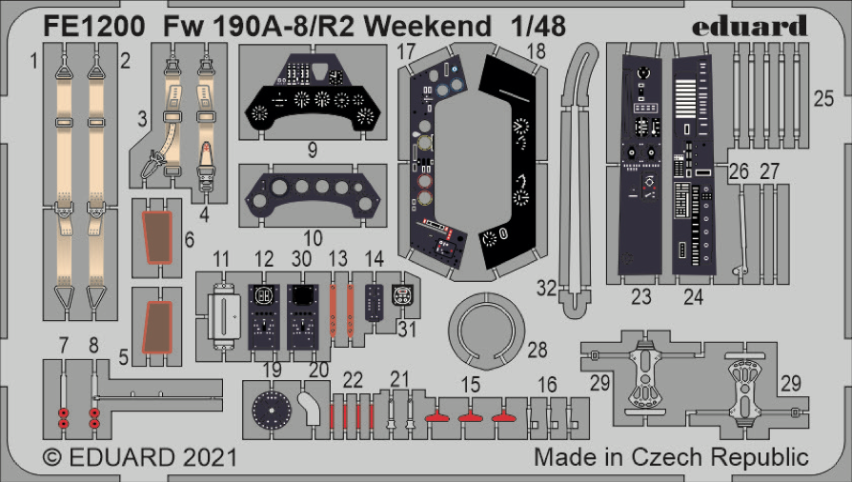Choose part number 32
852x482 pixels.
(546, 287)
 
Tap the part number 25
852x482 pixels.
(823, 97)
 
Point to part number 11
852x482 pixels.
(221, 259)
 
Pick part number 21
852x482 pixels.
(399, 378)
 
